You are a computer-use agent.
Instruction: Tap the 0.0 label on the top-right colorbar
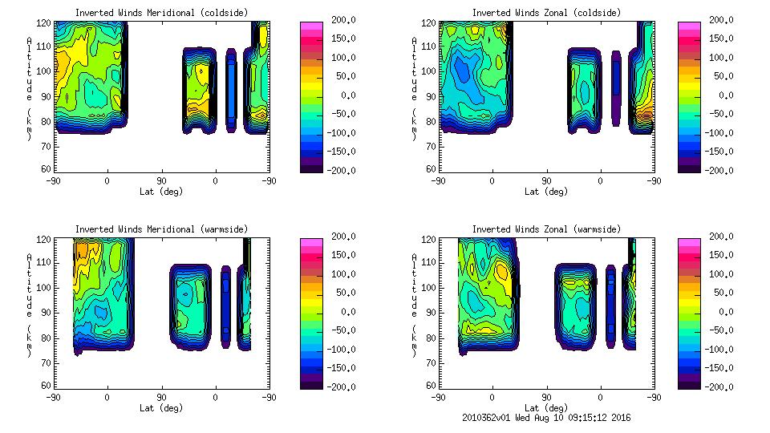pos(716,95)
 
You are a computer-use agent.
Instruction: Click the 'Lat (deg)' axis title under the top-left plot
pos(161,192)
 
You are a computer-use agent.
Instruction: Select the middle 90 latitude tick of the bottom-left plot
pos(160,397)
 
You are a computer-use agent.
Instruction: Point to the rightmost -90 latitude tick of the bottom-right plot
pos(654,397)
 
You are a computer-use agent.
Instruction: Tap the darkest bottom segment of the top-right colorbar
pos(687,167)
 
